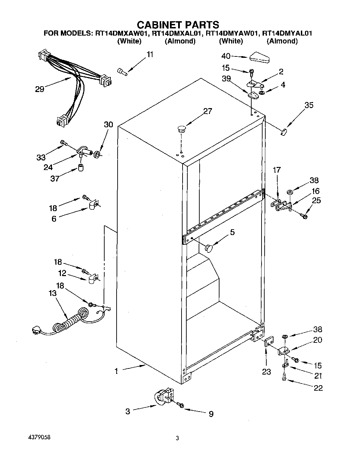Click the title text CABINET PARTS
point(178,25)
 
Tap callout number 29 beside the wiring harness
point(40,89)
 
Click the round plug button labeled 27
point(181,129)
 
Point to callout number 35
point(309,105)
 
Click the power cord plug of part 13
point(36,330)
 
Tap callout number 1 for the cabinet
point(116,371)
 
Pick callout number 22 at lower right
point(318,388)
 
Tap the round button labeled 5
point(208,247)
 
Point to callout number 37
point(55,178)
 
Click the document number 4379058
point(41,438)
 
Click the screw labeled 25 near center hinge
point(304,216)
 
